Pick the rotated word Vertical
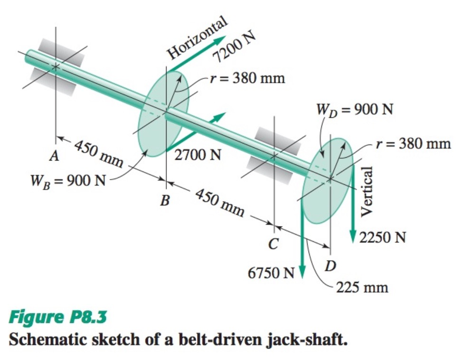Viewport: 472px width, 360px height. click(367, 192)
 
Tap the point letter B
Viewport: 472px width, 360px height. click(165, 201)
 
